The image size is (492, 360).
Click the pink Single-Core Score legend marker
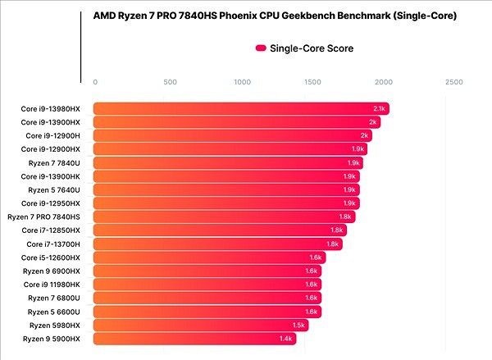pyautogui.click(x=262, y=48)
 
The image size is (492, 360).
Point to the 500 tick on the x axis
pyautogui.click(x=170, y=82)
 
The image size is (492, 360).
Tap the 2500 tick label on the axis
pyautogui.click(x=453, y=82)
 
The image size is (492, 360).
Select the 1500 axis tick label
pyautogui.click(x=312, y=82)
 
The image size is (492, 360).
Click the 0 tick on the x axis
pyautogui.click(x=96, y=82)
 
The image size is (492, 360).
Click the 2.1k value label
pyautogui.click(x=379, y=108)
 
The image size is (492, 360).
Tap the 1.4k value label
pyautogui.click(x=286, y=338)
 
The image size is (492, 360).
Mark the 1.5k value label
pyautogui.click(x=299, y=325)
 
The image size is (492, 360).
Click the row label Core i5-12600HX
pyautogui.click(x=52, y=257)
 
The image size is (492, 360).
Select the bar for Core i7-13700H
pyautogui.click(x=217, y=244)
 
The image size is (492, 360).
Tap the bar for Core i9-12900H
pyautogui.click(x=235, y=135)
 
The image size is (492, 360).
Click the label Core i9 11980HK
pyautogui.click(x=52, y=284)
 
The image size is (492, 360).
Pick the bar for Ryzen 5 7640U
pyautogui.click(x=226, y=189)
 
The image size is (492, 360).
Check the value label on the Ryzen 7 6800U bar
pyautogui.click(x=312, y=298)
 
